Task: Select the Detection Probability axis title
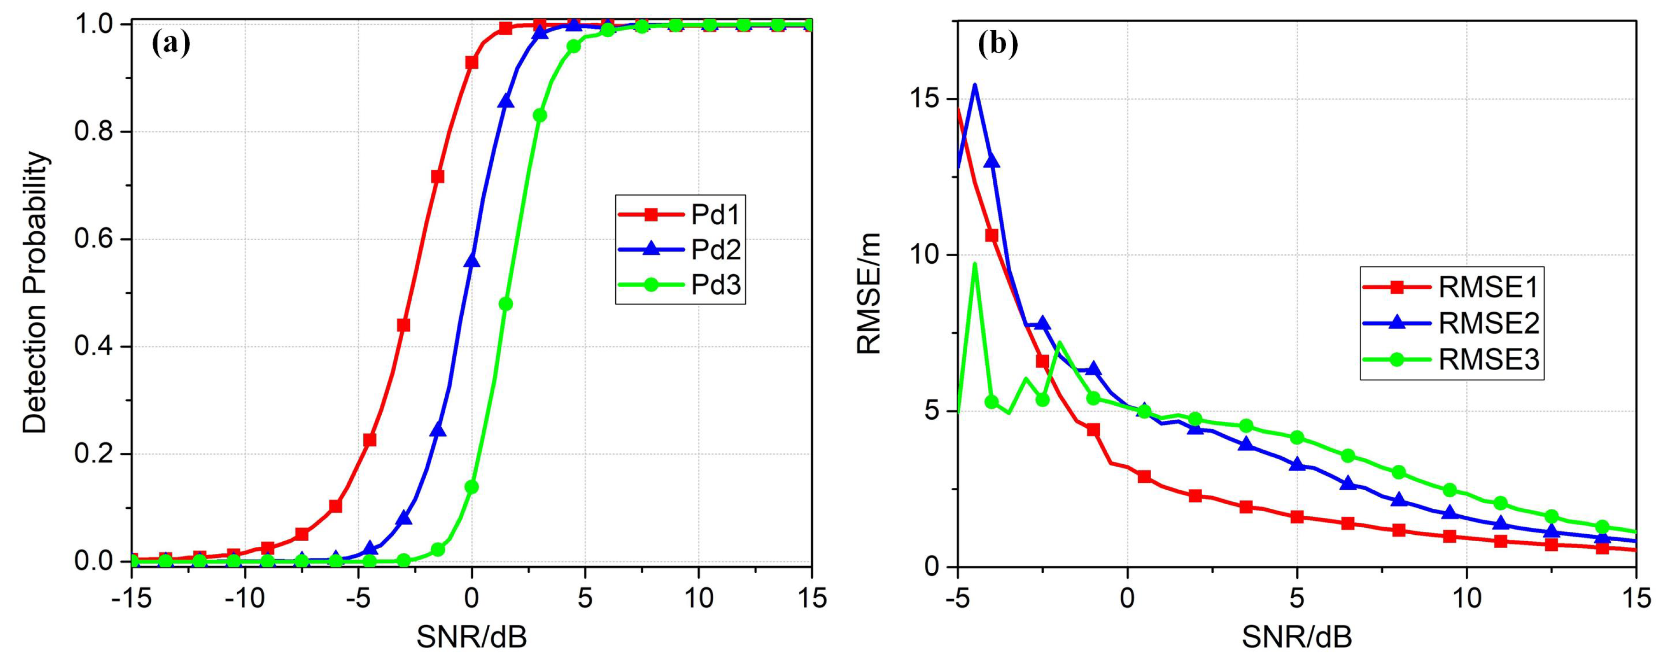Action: click(x=36, y=292)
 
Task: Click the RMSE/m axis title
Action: click(x=869, y=294)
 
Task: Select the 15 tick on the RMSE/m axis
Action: click(x=926, y=99)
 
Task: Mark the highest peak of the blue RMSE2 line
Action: click(x=975, y=85)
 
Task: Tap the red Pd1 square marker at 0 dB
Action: click(x=472, y=63)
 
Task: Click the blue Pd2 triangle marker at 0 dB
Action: click(x=472, y=261)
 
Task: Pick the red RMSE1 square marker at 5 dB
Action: click(x=1297, y=517)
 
